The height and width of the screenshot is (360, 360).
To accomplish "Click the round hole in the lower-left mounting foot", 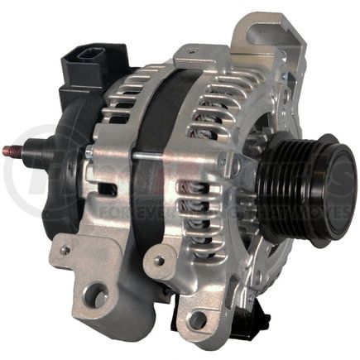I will pos(96,292).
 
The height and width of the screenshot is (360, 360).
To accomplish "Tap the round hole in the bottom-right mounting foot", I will pos(198,319).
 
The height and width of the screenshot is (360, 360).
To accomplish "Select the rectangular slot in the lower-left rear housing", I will pos(108,190).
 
